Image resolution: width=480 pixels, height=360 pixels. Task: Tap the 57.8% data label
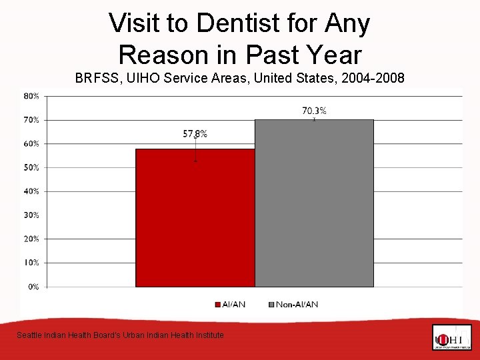(195, 133)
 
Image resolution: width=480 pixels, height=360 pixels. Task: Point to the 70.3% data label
(314, 111)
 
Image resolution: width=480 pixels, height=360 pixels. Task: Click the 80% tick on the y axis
(31, 96)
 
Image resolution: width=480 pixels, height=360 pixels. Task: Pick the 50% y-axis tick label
(31, 167)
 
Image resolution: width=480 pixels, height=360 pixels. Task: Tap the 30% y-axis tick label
(31, 215)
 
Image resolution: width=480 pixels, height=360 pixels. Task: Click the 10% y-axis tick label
(31, 263)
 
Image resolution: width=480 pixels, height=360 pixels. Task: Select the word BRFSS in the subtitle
(96, 78)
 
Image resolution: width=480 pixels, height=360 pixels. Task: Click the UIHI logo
(451, 337)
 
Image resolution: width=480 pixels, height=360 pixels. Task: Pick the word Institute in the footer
(207, 335)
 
